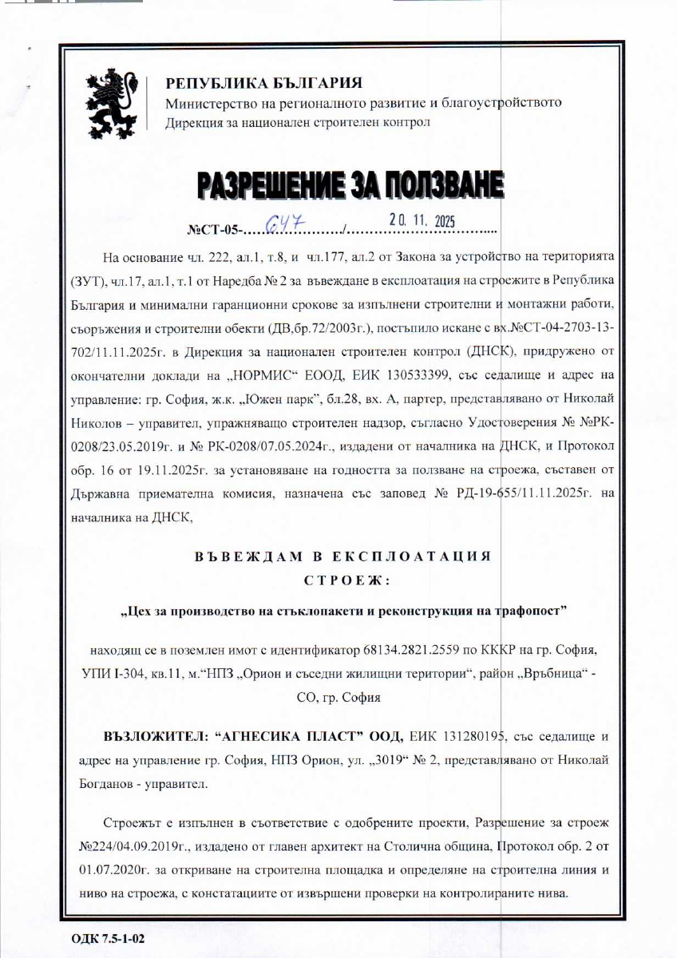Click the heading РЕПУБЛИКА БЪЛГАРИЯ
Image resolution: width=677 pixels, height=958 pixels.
pyautogui.click(x=263, y=83)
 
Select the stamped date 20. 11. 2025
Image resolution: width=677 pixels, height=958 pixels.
pyautogui.click(x=421, y=220)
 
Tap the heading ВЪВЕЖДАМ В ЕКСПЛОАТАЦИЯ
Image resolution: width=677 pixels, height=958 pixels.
pyautogui.click(x=343, y=556)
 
